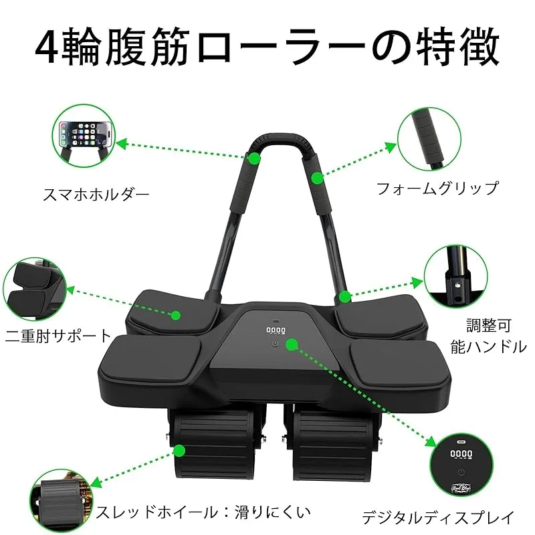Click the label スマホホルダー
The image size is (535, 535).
[96, 195]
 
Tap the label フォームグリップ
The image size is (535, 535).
[437, 189]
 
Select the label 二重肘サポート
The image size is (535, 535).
[58, 336]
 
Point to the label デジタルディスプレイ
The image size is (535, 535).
[438, 518]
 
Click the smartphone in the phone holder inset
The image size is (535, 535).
[86, 134]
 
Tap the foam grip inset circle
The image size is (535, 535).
[429, 139]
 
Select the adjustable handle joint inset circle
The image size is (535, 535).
[456, 276]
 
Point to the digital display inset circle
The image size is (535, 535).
[461, 465]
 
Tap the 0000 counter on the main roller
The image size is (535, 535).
[276, 330]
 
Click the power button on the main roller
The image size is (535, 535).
[276, 344]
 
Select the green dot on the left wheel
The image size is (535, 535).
[179, 451]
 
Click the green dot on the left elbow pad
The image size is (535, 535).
[176, 315]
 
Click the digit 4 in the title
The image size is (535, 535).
[47, 47]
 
